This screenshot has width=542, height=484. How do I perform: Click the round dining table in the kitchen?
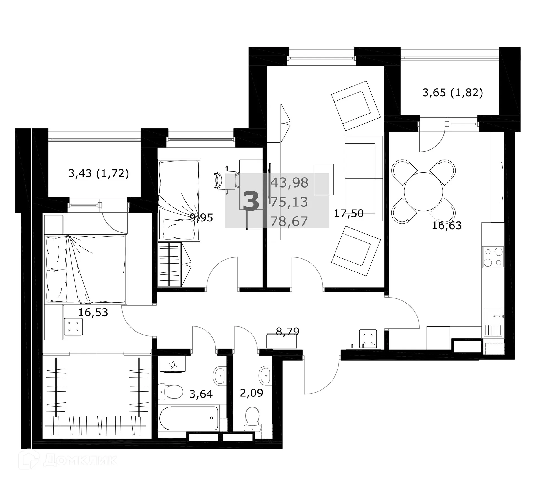(x=423, y=191)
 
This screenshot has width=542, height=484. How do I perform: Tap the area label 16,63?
(x=447, y=226)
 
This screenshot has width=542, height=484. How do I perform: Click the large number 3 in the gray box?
(x=251, y=201)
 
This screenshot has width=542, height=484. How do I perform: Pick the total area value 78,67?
(x=289, y=221)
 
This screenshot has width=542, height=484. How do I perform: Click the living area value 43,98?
(x=289, y=183)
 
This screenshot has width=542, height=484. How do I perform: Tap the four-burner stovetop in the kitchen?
(x=493, y=257)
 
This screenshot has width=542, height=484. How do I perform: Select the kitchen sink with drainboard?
(x=493, y=322)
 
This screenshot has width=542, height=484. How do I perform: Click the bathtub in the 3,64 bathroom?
(x=189, y=418)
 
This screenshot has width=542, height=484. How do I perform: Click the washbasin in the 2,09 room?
(x=265, y=375)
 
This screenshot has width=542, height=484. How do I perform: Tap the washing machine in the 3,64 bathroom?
(x=172, y=365)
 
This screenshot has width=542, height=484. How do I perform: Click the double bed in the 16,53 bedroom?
(x=86, y=269)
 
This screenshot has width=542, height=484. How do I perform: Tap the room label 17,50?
(x=348, y=213)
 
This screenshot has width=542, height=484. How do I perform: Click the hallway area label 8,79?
(x=287, y=331)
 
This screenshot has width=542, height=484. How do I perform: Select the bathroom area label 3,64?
(x=201, y=394)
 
